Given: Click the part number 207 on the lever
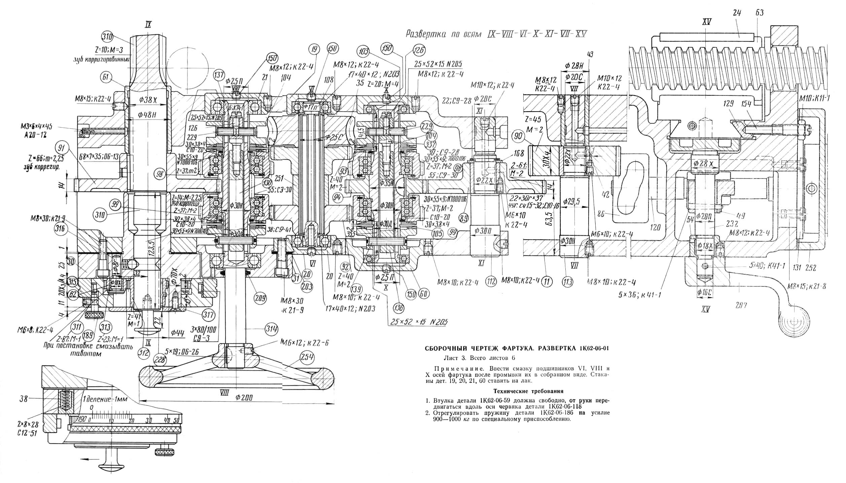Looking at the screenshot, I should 741,306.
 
